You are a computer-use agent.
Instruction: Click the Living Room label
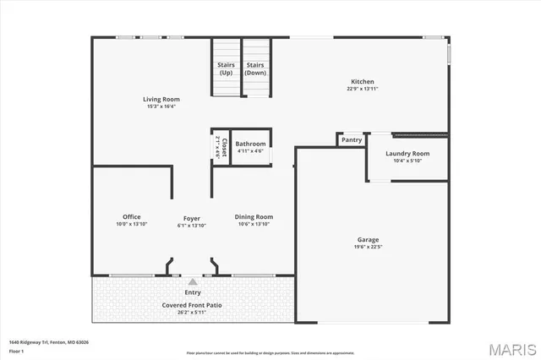[161, 100]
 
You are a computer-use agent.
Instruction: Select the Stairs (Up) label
[226, 68]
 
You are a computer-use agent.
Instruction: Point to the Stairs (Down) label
[254, 68]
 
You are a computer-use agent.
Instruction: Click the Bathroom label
[250, 144]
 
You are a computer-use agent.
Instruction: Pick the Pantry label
[352, 139]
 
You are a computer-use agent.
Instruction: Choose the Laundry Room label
[407, 153]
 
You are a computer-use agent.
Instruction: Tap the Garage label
[368, 240]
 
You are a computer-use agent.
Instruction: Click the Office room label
[131, 217]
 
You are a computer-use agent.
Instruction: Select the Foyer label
[192, 218]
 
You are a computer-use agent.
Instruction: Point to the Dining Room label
[254, 217]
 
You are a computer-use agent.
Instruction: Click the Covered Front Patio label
[193, 304]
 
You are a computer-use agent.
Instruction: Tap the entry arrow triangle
[193, 281]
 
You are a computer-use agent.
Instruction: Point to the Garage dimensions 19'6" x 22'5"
[368, 247]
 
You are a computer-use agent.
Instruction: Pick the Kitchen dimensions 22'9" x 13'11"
[362, 89]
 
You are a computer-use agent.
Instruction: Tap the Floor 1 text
[17, 350]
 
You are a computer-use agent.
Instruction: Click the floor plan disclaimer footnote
[270, 352]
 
